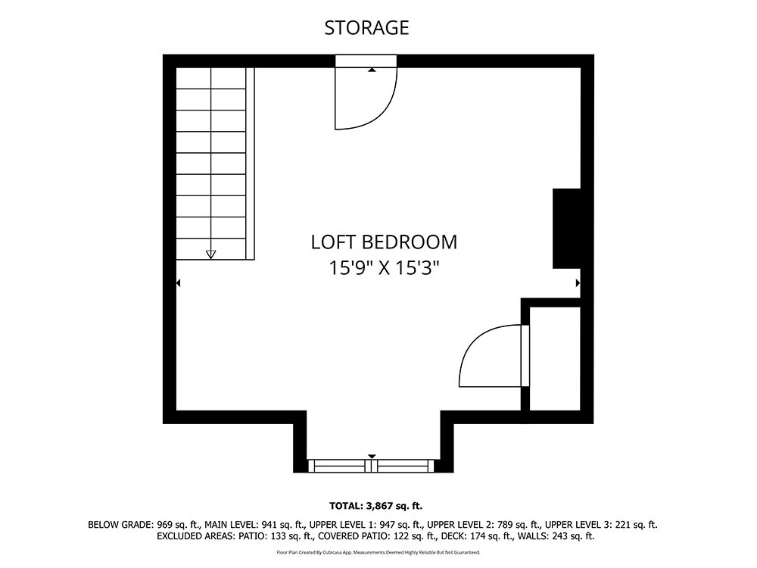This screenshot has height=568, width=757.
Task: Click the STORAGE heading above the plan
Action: coord(366,28)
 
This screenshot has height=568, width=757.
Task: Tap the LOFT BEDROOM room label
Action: coord(384,242)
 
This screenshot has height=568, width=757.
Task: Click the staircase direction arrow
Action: coord(210,254)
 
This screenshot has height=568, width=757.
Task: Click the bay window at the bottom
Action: coord(371,466)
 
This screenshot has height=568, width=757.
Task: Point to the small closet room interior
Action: coord(555,358)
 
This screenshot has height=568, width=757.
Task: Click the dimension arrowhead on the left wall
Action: coord(178,283)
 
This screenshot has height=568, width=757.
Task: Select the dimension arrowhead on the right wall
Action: coord(578,283)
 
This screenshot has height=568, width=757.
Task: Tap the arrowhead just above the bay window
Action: coord(371,457)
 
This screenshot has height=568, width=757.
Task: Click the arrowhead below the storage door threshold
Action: coord(371,70)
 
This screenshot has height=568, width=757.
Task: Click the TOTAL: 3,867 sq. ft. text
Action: coord(375,506)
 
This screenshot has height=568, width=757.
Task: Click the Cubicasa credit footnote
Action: coord(378,552)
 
